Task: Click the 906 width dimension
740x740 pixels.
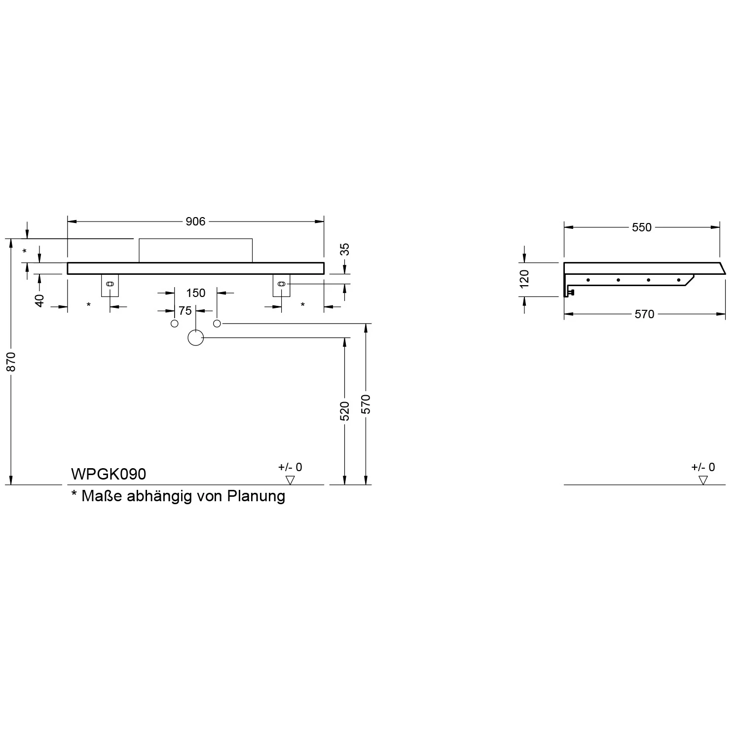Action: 195,222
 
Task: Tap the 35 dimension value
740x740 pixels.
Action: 345,249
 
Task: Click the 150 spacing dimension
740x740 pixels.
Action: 195,293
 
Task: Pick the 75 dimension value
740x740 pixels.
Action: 185,311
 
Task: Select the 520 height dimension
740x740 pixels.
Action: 345,411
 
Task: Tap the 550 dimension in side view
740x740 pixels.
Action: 641,227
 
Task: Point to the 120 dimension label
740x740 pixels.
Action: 525,279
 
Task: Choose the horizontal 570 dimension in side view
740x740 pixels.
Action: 644,314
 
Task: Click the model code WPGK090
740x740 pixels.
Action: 109,474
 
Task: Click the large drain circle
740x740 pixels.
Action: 196,337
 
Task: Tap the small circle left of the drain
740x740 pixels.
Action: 174,324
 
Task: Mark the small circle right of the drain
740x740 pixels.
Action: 217,323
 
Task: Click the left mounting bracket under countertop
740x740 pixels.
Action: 110,285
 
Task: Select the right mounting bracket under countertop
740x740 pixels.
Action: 281,285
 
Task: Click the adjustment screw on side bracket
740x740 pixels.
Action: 572,293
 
